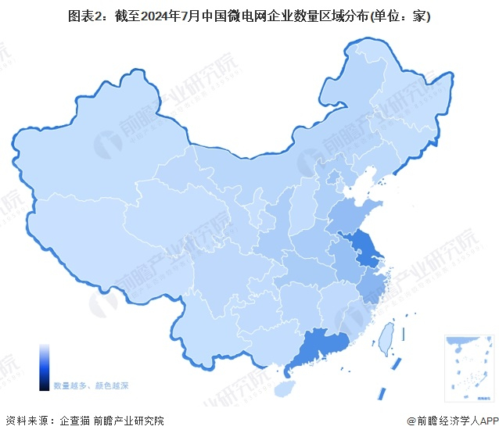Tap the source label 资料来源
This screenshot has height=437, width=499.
click(28, 421)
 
